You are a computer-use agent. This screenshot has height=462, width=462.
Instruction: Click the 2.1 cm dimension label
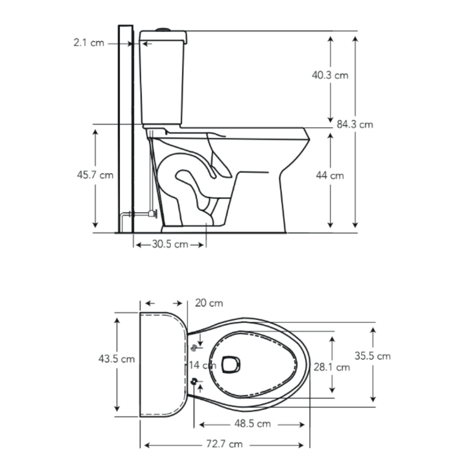coord(89,43)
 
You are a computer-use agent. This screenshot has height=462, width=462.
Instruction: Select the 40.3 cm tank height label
coord(330,75)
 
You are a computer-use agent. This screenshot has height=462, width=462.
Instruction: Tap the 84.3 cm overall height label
coord(355,125)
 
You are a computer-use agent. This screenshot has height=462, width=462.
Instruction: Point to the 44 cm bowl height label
coord(330,176)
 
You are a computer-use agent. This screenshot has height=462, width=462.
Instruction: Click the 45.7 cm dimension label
coord(95,175)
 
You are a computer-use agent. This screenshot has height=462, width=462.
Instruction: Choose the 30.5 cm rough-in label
coord(170,244)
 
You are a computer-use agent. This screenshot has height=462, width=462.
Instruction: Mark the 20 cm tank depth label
coord(209,303)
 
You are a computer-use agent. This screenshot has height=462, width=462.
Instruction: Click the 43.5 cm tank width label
coord(117,359)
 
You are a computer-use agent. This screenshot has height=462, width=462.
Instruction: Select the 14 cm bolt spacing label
coord(203,365)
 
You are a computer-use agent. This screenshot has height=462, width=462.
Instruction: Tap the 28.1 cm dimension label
coord(332,367)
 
